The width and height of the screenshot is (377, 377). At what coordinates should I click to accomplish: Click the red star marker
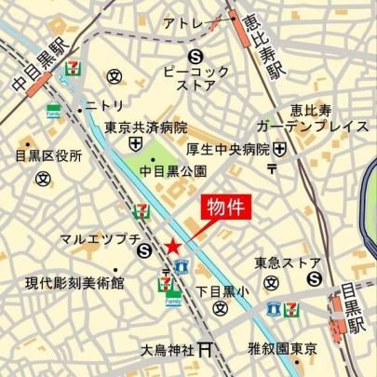(172, 245)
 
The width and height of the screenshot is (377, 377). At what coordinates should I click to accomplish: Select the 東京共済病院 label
(147, 128)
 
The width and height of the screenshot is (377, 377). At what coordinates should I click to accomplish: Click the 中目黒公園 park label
(172, 170)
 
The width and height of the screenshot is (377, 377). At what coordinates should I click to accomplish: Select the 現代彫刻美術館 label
(74, 282)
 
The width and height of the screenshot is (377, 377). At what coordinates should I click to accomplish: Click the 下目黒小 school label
(222, 290)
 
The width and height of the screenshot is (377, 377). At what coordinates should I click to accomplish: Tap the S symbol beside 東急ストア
(315, 276)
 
